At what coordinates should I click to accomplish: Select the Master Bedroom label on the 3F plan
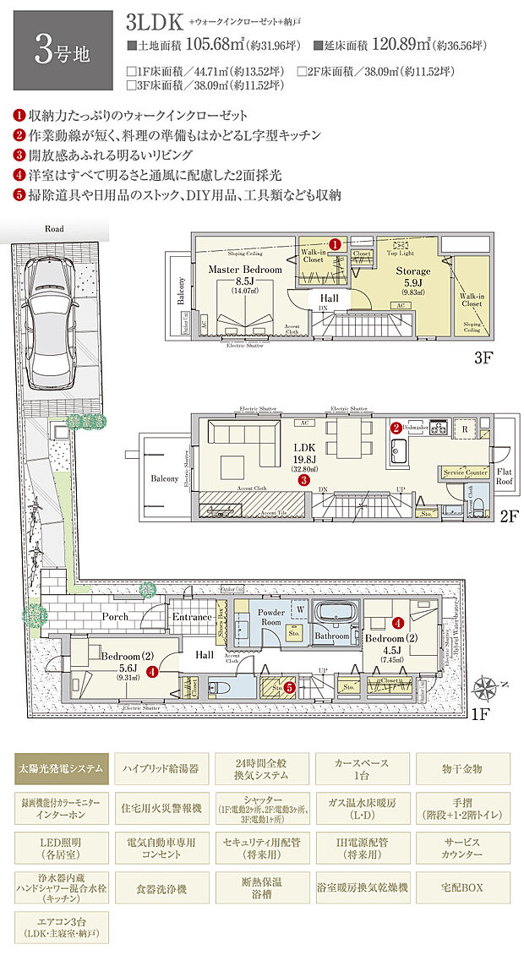(x=244, y=269)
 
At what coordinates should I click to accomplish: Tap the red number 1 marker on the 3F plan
(x=336, y=243)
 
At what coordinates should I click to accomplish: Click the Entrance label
(x=192, y=617)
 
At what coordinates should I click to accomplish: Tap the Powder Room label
(x=271, y=616)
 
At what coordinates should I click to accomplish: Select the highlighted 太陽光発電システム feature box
(x=62, y=768)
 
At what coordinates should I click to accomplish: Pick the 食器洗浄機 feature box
(x=161, y=888)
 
